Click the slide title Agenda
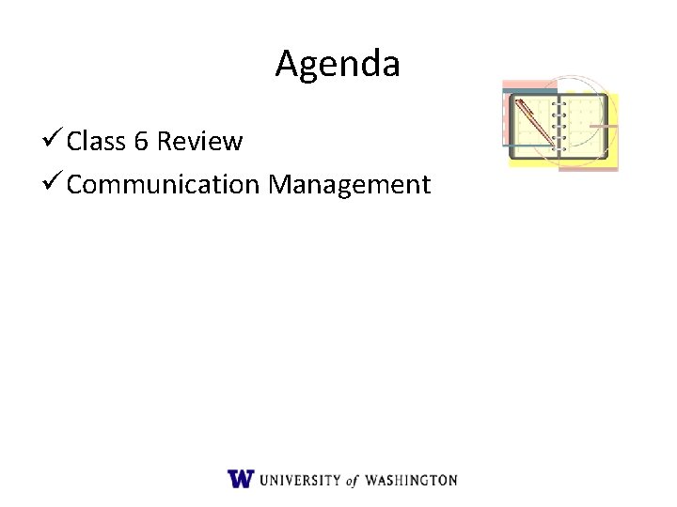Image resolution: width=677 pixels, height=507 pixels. [x=338, y=65]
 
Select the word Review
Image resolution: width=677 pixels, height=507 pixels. [x=200, y=142]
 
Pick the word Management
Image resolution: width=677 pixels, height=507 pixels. [x=349, y=185]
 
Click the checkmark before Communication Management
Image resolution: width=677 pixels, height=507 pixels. [x=55, y=184]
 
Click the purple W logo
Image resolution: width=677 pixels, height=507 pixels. [x=240, y=479]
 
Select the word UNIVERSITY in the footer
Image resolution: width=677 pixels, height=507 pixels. [x=300, y=480]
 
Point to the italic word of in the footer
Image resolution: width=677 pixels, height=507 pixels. [x=353, y=480]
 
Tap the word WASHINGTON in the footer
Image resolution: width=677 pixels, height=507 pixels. [x=412, y=480]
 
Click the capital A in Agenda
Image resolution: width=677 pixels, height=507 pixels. [x=287, y=65]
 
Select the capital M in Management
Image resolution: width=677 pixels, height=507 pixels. [x=281, y=185]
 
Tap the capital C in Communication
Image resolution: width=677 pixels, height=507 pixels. [x=76, y=185]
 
